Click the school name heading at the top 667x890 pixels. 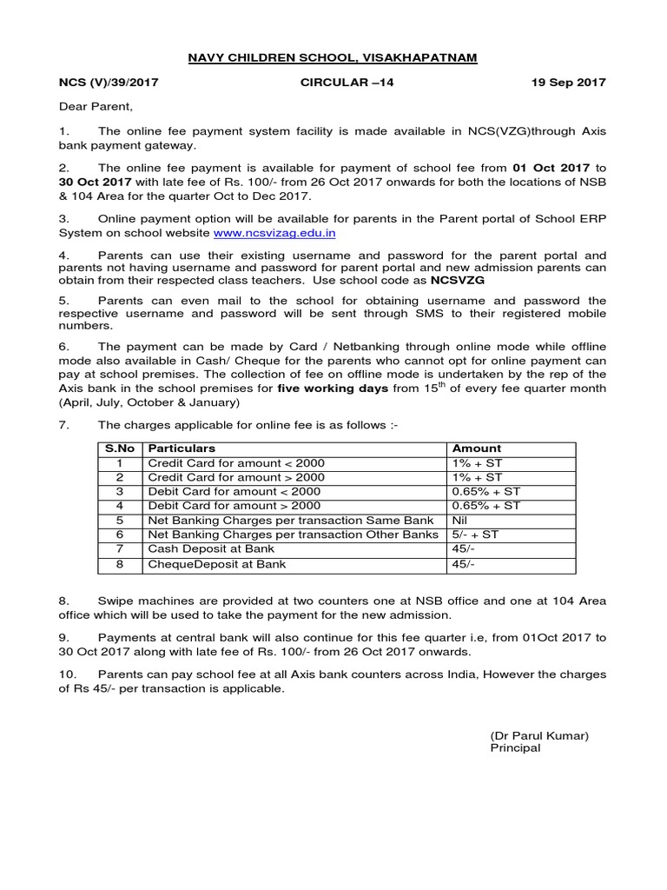point(333,58)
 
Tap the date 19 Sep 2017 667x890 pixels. point(568,83)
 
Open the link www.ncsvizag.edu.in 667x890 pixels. point(274,233)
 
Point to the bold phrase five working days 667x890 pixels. point(333,389)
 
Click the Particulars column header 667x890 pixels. point(182,448)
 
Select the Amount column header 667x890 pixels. point(477,448)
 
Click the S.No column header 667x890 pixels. point(119,448)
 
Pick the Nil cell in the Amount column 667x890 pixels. point(462,520)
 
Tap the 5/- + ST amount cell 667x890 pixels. point(475,535)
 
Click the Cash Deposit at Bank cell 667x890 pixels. point(211,549)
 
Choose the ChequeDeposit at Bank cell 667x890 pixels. point(216,564)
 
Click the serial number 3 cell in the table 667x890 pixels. point(120,491)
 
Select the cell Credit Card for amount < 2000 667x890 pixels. point(236,463)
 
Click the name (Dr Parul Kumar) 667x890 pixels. point(539,735)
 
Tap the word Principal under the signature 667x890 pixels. point(515,748)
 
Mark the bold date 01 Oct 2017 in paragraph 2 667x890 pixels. point(551,168)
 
